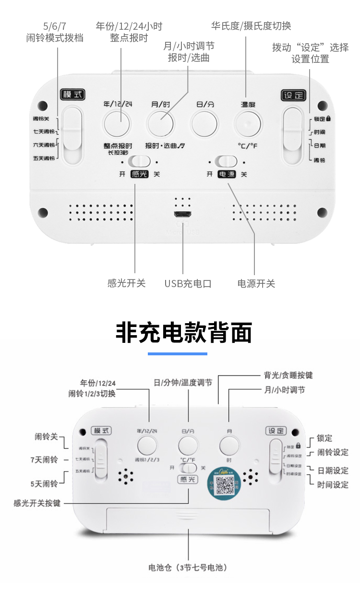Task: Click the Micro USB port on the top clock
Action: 183,215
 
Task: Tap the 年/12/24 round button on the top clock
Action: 117,123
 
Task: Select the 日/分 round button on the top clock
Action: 204,123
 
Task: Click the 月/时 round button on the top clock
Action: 161,123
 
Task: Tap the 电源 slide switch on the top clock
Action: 226,161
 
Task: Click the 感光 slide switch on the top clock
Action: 140,161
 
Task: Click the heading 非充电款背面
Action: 184,332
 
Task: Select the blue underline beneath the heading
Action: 177,354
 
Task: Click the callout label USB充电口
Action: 188,283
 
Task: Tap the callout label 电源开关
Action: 256,283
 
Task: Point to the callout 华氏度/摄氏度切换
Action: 251,25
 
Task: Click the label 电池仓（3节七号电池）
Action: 188,568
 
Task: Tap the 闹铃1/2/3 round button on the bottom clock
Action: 147,446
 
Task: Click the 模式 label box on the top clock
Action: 72,94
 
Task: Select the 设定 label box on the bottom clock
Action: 276,431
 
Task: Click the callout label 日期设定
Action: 333,471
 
